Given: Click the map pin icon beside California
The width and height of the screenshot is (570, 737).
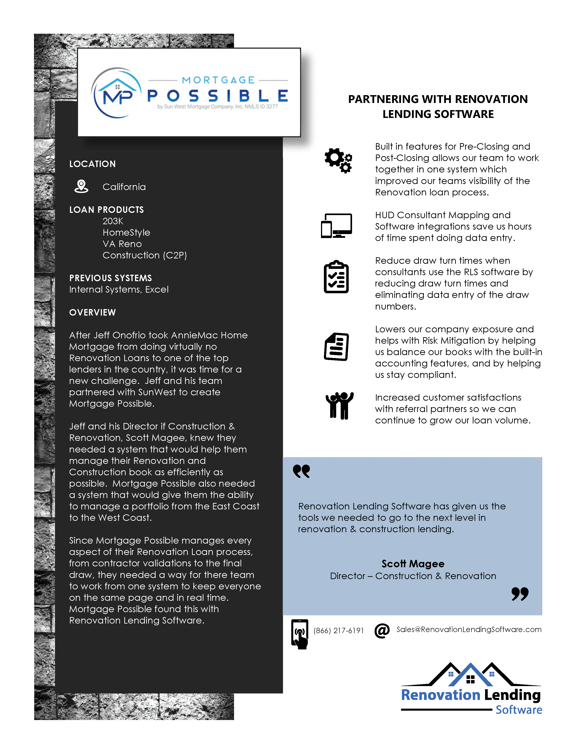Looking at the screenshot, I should tap(81, 186).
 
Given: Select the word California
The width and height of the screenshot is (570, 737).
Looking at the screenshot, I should tap(124, 187).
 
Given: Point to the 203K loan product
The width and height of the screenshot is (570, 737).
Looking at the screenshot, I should tap(113, 221).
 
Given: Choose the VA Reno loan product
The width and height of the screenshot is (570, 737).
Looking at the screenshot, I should tap(122, 244).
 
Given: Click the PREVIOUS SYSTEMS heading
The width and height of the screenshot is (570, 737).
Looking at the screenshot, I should tap(110, 278).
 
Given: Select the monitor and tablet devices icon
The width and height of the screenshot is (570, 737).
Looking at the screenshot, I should tap(336, 226).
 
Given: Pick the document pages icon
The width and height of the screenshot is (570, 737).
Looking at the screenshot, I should tap(336, 347).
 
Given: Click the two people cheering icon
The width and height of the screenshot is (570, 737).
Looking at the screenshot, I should tap(339, 406).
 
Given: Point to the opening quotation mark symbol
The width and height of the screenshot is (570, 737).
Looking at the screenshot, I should tap(301, 471).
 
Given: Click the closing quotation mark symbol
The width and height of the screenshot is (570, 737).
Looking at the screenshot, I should tap(520, 594).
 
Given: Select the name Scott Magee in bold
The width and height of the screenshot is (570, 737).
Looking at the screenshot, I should tap(413, 564).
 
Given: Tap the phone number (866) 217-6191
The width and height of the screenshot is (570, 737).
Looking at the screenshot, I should tap(338, 630).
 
